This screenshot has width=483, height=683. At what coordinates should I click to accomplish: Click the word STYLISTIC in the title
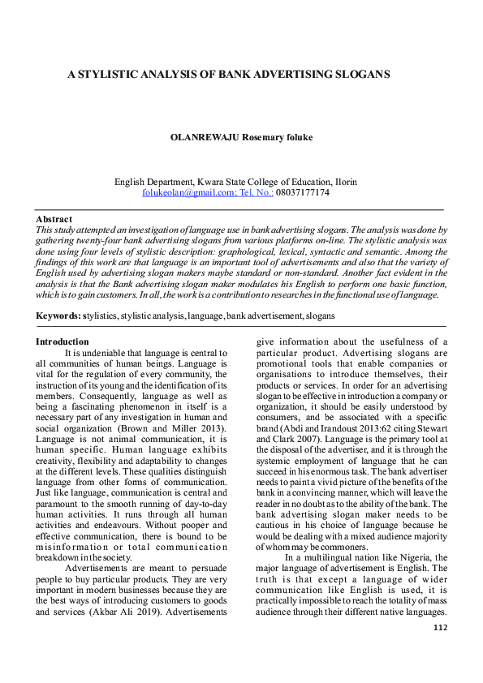[110, 74]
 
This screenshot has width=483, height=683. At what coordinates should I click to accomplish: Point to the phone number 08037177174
[301, 193]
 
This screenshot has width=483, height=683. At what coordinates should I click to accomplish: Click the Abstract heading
[54, 220]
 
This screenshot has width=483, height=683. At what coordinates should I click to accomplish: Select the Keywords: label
[58, 315]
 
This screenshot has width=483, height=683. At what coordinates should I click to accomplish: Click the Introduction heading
[62, 341]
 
